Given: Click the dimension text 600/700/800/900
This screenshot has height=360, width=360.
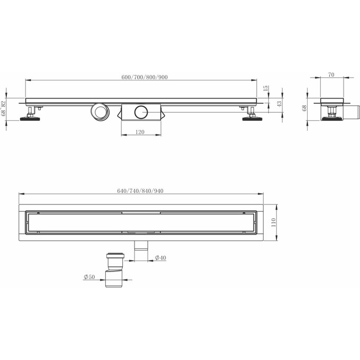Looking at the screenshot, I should (x=145, y=77).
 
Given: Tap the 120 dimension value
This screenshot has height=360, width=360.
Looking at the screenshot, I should (x=140, y=132).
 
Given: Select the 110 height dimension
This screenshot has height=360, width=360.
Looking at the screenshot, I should (x=274, y=223).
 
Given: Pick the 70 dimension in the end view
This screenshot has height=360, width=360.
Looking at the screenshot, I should (x=331, y=75).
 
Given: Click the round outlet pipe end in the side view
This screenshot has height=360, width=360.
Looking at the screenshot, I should (x=99, y=111).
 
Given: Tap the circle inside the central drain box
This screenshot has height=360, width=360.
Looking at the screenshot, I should (x=141, y=112).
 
